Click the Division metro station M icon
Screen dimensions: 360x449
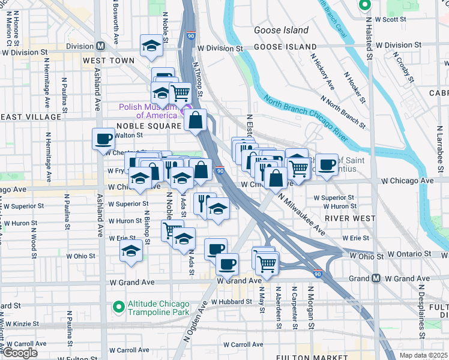(x=100, y=46)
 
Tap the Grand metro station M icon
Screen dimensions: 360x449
(x=376, y=278)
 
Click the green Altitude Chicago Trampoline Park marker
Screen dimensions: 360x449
(x=119, y=307)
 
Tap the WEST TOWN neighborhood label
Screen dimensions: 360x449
(x=109, y=61)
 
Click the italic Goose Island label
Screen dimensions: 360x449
(x=281, y=30)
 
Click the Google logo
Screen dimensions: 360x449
(x=20, y=353)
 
